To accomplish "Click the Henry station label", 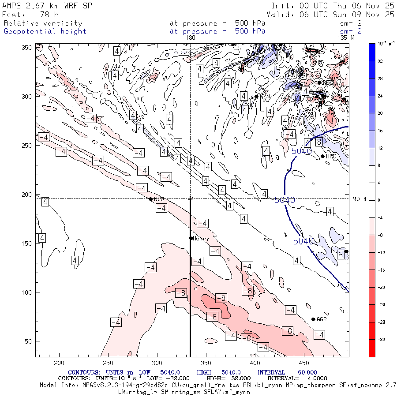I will coord(201,239).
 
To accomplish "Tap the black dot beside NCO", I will coord(150,199).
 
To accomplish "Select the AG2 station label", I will coord(322,319).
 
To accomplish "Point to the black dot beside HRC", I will coord(323,156).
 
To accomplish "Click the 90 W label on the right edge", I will coord(360,199).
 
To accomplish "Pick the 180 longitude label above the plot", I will coord(191,38).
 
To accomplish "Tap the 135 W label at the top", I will coord(345,38).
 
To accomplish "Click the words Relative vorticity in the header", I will coord(43,23).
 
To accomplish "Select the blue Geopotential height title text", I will coord(45,31).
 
